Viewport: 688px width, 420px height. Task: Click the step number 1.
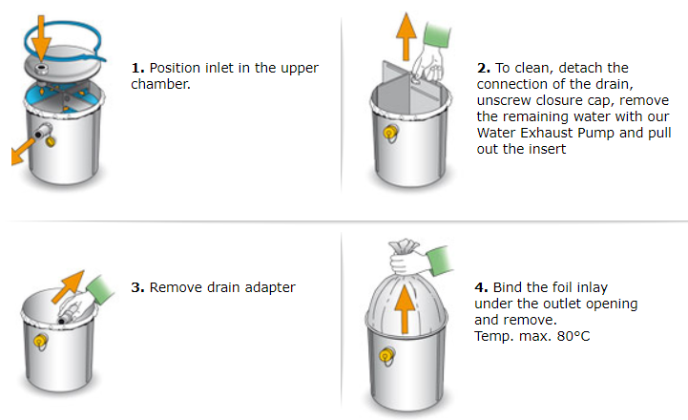pyautogui.click(x=137, y=68)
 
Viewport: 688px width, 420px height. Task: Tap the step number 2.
pyautogui.click(x=483, y=68)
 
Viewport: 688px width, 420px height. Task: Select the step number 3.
pyautogui.click(x=137, y=287)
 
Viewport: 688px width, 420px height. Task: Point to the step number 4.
pyautogui.click(x=481, y=287)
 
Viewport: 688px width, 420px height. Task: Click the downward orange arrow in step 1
pyautogui.click(x=41, y=38)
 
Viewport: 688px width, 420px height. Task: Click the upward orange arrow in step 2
pyautogui.click(x=406, y=36)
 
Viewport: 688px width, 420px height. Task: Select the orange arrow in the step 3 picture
pyautogui.click(x=68, y=286)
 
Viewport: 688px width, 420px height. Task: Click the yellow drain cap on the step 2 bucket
pyautogui.click(x=389, y=132)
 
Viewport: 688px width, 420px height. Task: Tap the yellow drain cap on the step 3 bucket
pyautogui.click(x=40, y=341)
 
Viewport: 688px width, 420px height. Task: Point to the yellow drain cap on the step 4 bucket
pyautogui.click(x=387, y=354)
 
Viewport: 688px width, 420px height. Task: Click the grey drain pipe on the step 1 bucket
pyautogui.click(x=43, y=131)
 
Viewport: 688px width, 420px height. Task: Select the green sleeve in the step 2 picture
pyautogui.click(x=436, y=34)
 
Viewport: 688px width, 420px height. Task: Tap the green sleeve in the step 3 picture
pyautogui.click(x=99, y=289)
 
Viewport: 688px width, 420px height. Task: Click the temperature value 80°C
pyautogui.click(x=573, y=336)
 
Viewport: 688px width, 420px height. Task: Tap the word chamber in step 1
pyautogui.click(x=160, y=84)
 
